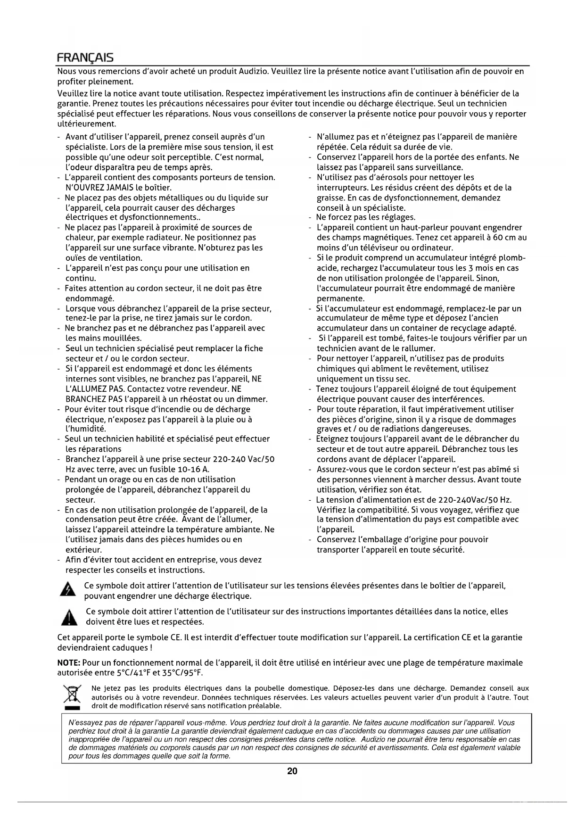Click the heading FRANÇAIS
pos(85,58)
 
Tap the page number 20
pos(292,771)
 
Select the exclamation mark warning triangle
pos(69,617)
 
